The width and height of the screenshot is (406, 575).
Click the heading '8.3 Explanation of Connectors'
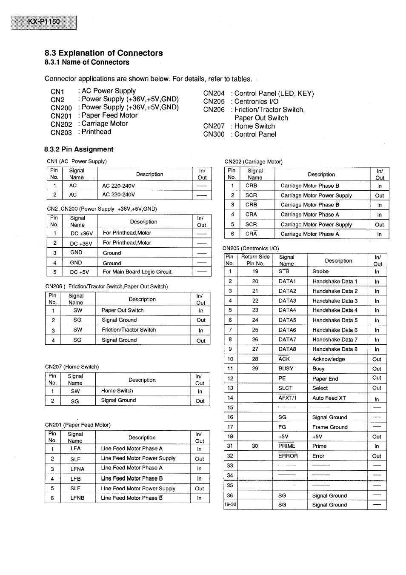(103, 53)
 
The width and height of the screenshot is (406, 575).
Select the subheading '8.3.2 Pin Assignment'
(79, 149)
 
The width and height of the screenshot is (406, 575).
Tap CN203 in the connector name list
(61, 132)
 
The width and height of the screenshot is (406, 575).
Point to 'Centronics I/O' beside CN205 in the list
(256, 101)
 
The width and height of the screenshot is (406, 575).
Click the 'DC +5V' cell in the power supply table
(80, 272)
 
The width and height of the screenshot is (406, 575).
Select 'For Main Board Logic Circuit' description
(137, 272)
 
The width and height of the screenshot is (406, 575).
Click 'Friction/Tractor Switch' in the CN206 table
(129, 330)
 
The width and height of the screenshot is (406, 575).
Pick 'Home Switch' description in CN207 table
(117, 391)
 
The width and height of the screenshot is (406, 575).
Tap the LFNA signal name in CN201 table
(77, 469)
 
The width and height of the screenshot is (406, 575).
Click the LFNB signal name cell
(77, 498)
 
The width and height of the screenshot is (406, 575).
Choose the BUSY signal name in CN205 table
(286, 369)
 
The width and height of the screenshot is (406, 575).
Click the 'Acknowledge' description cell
(329, 359)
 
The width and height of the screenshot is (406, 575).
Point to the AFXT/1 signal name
(287, 398)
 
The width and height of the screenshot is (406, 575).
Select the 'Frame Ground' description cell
(330, 427)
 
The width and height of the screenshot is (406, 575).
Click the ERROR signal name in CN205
(288, 456)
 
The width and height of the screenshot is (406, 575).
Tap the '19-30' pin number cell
(230, 505)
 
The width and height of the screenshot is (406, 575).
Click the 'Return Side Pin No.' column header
(255, 260)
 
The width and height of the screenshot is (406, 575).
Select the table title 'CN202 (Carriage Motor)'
(254, 162)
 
